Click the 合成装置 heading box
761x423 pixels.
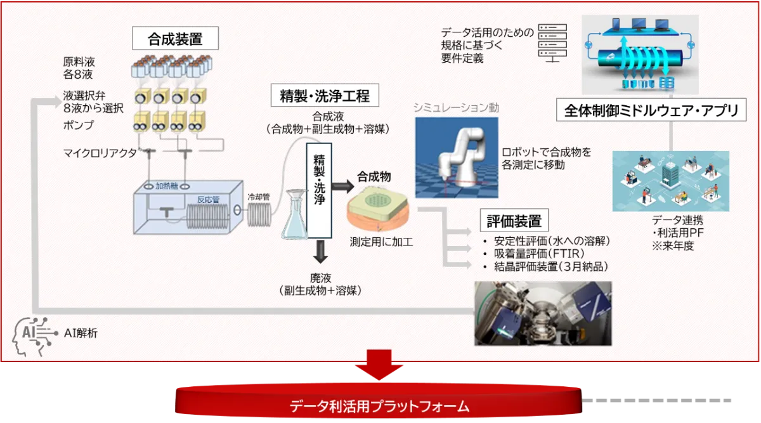[x=175, y=39]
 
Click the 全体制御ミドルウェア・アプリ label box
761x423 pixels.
[x=652, y=111]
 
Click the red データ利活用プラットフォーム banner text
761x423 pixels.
[x=379, y=406]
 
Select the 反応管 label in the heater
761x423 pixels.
[x=207, y=200]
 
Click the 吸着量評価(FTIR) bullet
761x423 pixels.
[x=539, y=254]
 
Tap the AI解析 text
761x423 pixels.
[x=81, y=332]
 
